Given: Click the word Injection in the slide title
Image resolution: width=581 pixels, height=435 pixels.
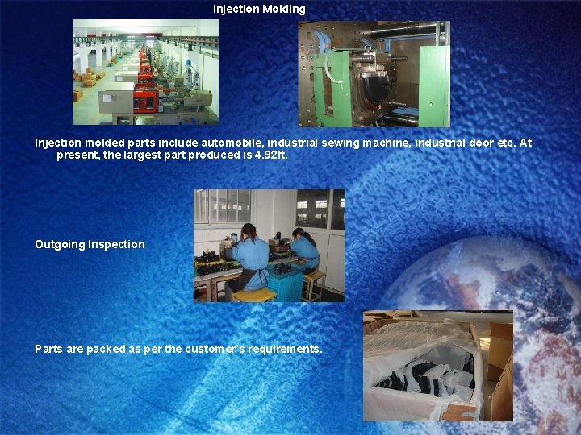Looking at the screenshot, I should tap(236, 10).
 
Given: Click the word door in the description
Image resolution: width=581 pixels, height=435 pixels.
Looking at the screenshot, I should tap(478, 143).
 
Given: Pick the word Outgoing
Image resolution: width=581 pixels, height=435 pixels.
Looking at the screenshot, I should tap(60, 244).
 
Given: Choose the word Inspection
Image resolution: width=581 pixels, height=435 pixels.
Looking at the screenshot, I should tap(117, 244).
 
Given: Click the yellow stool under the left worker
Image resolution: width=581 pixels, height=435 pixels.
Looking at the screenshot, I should tap(253, 294).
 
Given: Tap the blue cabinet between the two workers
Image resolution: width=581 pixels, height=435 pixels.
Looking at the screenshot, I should tap(283, 282).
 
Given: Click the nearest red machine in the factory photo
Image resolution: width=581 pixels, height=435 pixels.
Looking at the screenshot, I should tap(144, 101).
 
